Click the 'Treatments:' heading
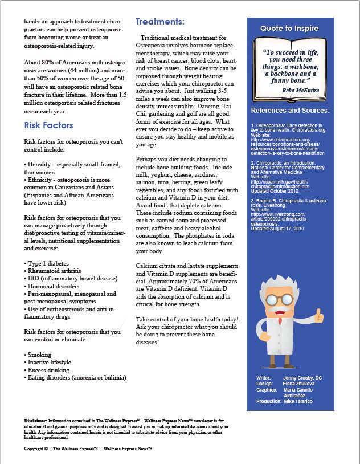(159, 22)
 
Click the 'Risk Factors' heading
(48, 125)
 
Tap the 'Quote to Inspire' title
(289, 29)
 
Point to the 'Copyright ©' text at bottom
(39, 449)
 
